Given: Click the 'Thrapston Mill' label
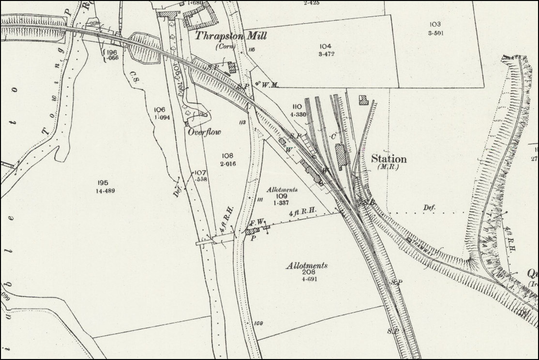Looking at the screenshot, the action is tap(231, 36).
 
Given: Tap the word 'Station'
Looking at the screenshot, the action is tap(389, 159).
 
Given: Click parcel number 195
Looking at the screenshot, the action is tap(102, 182).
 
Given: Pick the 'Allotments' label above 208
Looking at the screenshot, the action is tap(307, 266).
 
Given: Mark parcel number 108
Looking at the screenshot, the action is tap(227, 156).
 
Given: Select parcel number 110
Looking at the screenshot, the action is tap(297, 106).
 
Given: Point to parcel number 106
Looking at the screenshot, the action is tap(160, 109).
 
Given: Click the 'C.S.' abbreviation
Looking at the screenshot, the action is tap(134, 74).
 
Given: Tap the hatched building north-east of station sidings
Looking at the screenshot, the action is tap(363, 100).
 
